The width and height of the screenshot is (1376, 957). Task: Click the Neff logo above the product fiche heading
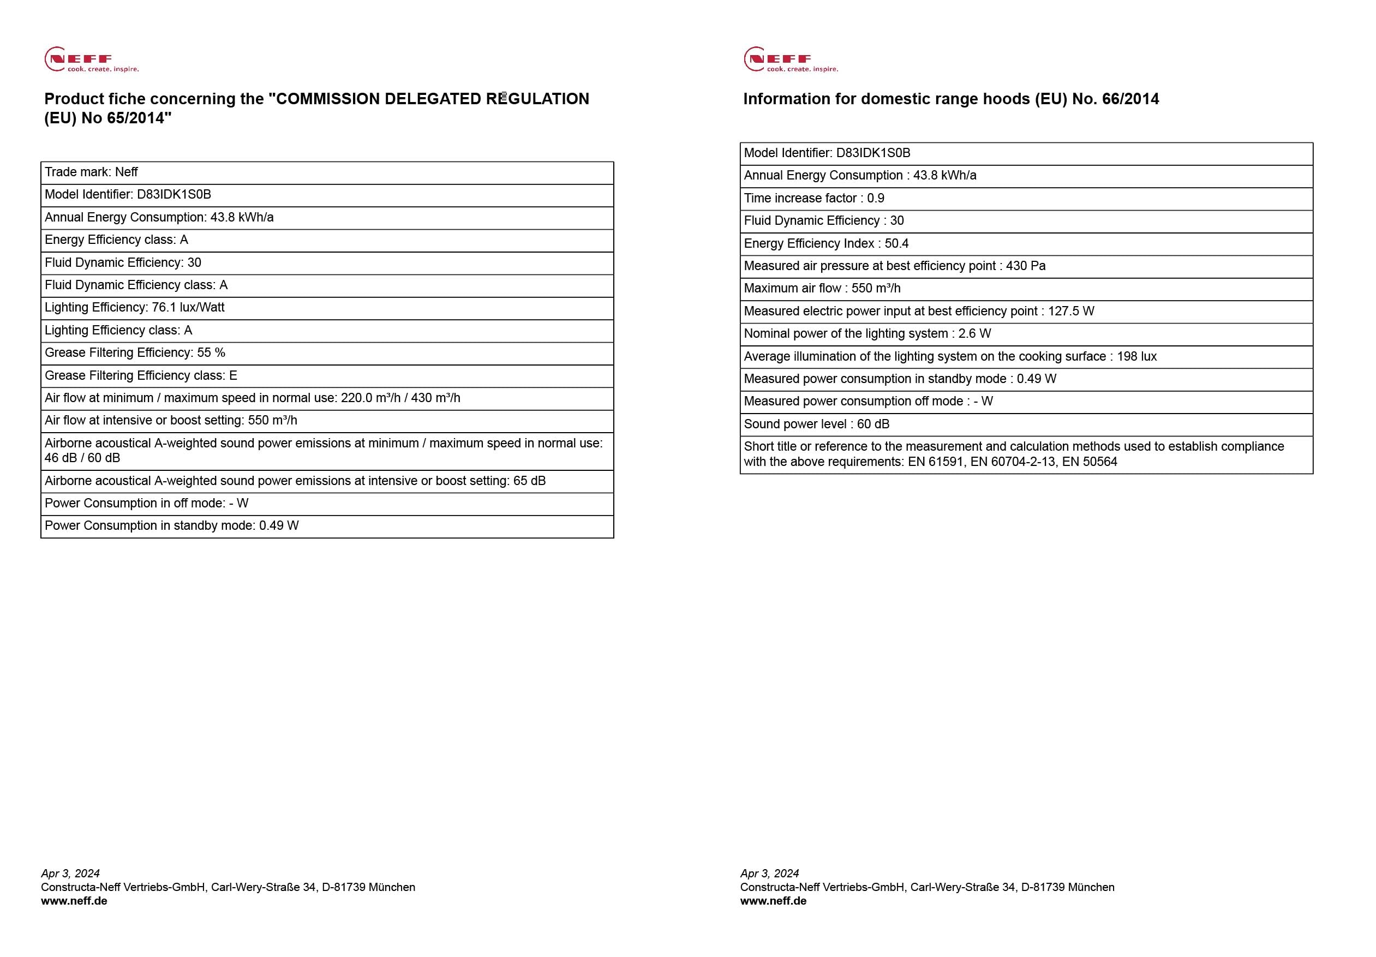point(91,59)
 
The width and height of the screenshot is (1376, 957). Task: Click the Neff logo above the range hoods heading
point(790,59)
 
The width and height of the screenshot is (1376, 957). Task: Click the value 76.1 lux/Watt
point(188,307)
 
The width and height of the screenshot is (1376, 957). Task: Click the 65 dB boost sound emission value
point(529,481)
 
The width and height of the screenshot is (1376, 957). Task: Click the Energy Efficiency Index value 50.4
point(896,243)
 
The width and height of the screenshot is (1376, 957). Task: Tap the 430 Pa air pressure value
point(1025,266)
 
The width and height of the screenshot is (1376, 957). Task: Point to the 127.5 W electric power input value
point(1071,311)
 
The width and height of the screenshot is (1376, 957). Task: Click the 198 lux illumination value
point(1137,356)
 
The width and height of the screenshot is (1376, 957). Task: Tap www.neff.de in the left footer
point(74,901)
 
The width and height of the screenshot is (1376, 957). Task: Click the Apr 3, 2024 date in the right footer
point(769,873)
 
